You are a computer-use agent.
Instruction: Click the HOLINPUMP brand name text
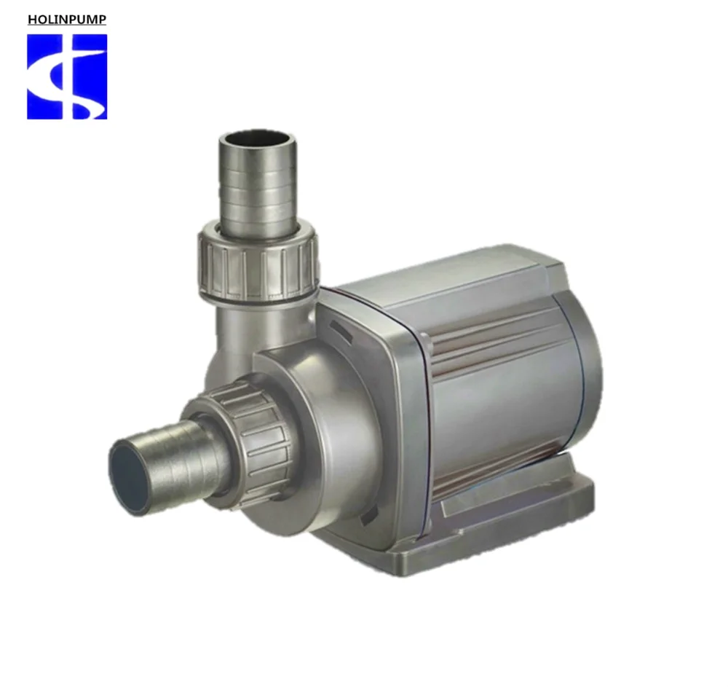pos(67,20)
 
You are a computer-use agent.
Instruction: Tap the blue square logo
pos(67,76)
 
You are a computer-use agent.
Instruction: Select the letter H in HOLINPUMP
pos(32,20)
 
